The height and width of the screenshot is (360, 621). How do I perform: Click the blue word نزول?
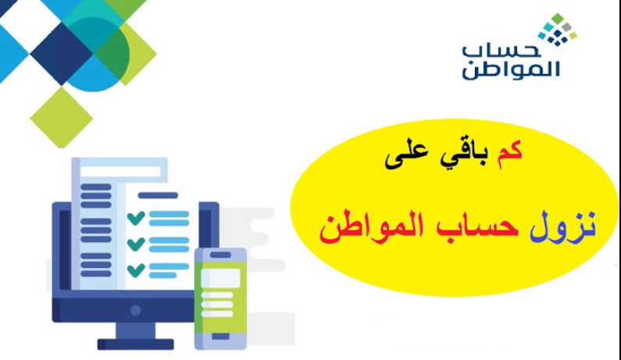(567, 226)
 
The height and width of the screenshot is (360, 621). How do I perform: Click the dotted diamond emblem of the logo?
(556, 29)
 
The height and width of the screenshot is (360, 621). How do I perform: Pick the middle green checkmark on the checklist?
(135, 244)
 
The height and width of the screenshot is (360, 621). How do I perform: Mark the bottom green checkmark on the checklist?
(135, 269)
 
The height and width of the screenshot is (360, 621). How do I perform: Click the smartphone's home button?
(220, 337)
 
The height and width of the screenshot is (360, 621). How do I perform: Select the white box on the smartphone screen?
(220, 277)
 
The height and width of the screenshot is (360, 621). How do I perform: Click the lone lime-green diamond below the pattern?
(61, 116)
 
